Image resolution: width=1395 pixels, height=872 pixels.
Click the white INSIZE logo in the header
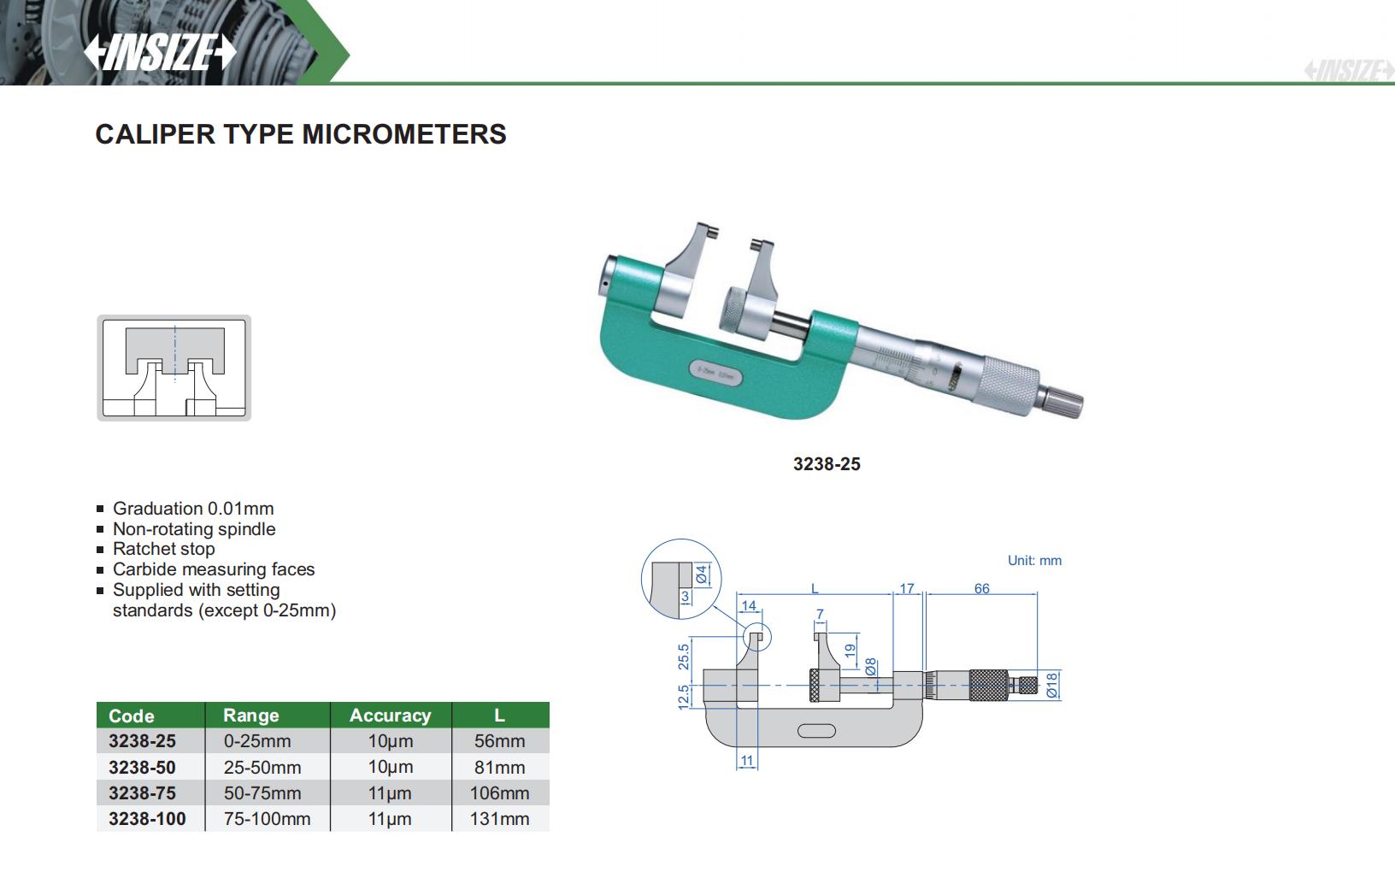click(160, 52)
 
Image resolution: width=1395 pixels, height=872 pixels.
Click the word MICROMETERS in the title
click(404, 134)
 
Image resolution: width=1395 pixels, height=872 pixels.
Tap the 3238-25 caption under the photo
click(827, 464)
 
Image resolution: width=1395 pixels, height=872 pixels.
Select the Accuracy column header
click(391, 715)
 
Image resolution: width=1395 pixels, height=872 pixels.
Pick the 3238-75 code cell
click(142, 792)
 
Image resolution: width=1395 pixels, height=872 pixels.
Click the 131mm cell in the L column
click(499, 818)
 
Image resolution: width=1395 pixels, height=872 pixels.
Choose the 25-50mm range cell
click(262, 768)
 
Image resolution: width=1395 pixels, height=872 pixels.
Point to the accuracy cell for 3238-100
click(390, 818)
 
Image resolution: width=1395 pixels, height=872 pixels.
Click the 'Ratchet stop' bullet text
click(164, 549)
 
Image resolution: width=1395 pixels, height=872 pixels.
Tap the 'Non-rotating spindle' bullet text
click(194, 529)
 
